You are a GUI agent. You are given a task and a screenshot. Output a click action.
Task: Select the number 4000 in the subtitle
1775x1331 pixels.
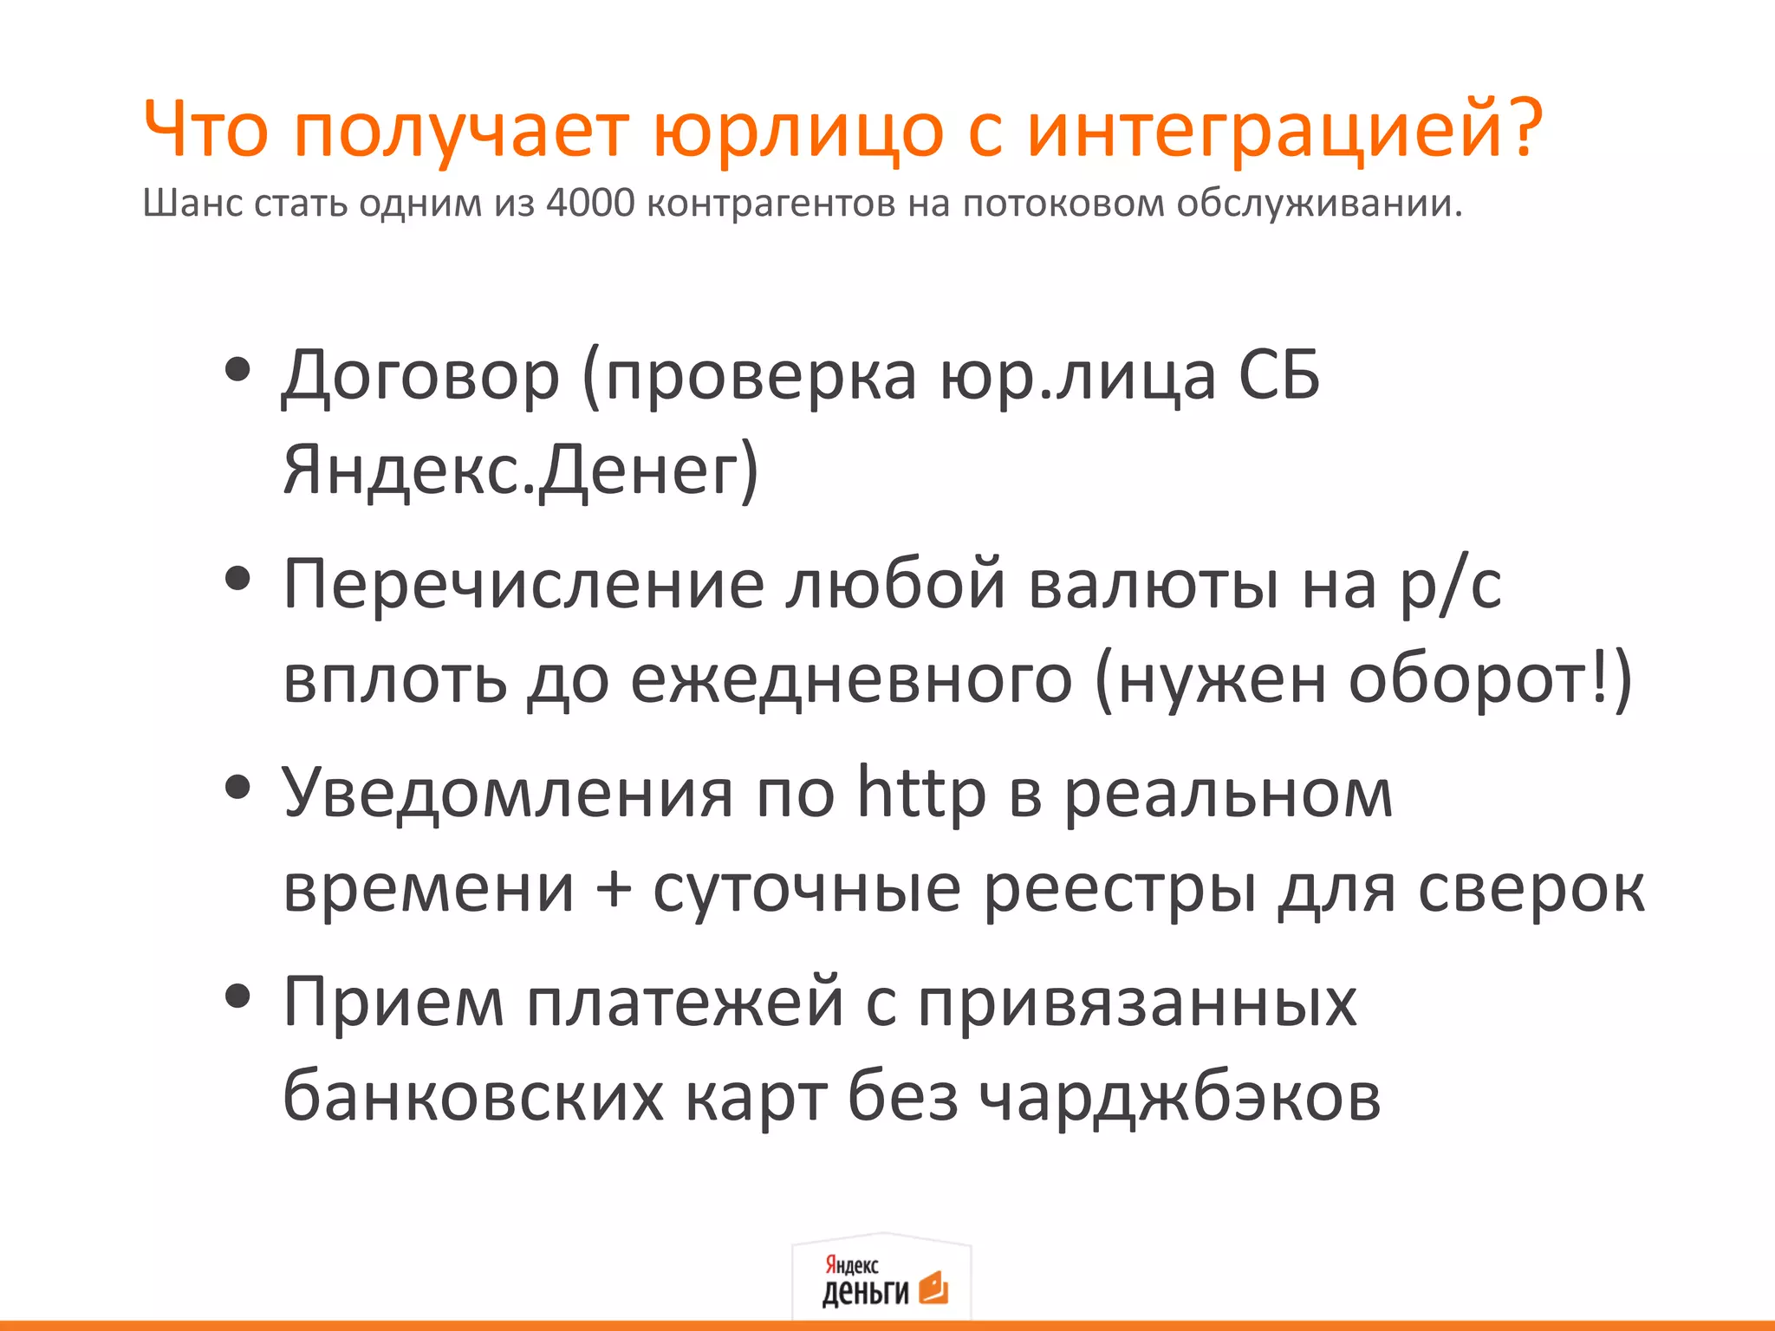590,203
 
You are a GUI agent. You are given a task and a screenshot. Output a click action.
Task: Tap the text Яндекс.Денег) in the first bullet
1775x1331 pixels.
520,471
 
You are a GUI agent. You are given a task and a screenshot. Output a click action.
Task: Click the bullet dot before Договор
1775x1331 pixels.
237,370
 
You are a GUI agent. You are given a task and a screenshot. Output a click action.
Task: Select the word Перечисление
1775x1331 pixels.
523,586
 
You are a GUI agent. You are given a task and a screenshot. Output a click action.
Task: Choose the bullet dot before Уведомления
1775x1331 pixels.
237,788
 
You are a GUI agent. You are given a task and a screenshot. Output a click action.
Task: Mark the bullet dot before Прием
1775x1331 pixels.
237,997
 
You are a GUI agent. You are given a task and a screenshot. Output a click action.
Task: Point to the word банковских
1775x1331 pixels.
473,1097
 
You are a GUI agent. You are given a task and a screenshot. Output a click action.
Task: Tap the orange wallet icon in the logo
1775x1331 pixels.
933,1288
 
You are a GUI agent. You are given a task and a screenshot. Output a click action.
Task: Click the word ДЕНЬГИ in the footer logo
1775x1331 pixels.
865,1292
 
